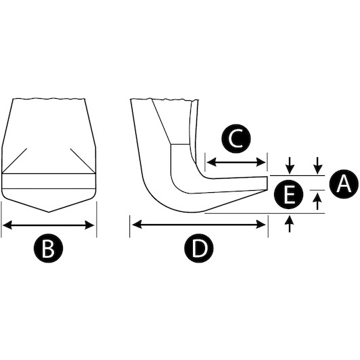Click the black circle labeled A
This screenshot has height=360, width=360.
point(344,184)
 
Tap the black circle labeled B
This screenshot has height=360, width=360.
point(48,248)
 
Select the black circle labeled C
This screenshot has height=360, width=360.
point(236,139)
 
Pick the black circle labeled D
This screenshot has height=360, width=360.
point(199,248)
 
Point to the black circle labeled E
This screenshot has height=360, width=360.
point(289,195)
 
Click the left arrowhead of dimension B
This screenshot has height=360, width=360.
point(7,225)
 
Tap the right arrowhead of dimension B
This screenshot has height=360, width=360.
point(89,225)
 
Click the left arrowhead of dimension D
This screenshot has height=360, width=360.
point(137,225)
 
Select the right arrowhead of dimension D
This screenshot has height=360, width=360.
point(261,225)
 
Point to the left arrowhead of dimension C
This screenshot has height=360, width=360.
point(211,162)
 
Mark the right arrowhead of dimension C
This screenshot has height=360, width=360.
point(261,162)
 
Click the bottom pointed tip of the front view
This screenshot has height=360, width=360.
point(49,212)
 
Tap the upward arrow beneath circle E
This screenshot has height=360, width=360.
point(290,223)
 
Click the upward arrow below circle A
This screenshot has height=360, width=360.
point(317,201)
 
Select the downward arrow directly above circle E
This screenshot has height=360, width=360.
point(290,165)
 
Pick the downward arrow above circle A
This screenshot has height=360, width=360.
point(317,165)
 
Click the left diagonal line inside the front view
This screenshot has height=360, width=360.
point(14,161)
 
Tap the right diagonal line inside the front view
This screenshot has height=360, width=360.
point(83,161)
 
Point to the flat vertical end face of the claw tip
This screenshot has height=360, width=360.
point(267,183)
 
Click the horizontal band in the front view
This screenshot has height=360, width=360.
point(49,181)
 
